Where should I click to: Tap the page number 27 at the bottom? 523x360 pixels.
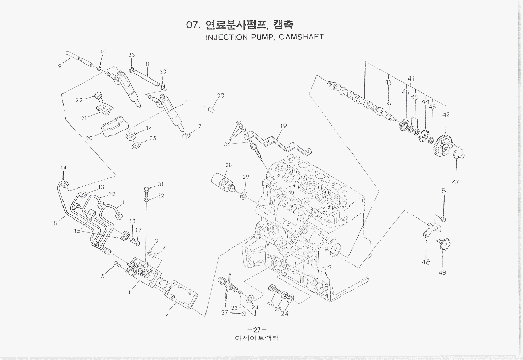click(257, 330)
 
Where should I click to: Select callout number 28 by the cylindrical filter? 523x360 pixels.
click(228, 165)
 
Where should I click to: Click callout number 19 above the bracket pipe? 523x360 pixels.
click(283, 126)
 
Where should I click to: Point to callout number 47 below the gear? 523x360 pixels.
click(455, 182)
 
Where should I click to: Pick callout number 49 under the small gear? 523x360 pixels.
click(442, 272)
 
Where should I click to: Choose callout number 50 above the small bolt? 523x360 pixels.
click(445, 191)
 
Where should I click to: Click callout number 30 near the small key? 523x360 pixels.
click(220, 96)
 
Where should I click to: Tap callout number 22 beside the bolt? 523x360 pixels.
click(79, 100)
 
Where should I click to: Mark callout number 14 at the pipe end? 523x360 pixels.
click(63, 168)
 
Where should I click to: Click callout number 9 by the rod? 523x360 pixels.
click(60, 66)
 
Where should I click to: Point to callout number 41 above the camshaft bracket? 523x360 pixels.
click(411, 79)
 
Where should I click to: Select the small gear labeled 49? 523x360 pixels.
click(442, 244)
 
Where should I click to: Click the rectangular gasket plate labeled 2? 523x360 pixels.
click(179, 293)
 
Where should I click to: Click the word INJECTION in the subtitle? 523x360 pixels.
click(227, 37)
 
